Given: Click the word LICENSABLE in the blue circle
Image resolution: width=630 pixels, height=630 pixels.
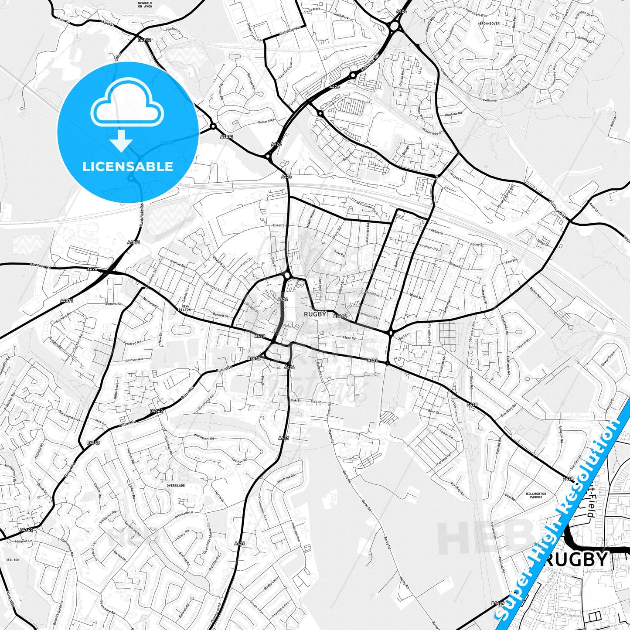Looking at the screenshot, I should [x=128, y=167].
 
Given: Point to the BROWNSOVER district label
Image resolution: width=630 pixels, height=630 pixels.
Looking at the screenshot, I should [x=489, y=24].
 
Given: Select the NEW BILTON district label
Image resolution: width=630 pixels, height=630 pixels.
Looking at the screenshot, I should [x=184, y=307].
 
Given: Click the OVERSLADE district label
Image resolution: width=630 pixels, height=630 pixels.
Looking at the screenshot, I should [x=176, y=485].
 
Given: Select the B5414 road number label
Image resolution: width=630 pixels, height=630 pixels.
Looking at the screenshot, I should [x=340, y=316].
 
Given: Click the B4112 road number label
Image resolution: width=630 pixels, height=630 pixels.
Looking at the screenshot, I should [x=144, y=40].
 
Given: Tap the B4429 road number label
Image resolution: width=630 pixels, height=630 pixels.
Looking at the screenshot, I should [x=497, y=603].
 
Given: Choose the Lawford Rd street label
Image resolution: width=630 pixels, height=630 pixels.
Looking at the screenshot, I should [x=41, y=265].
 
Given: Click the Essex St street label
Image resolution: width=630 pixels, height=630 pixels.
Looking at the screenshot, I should [x=279, y=225].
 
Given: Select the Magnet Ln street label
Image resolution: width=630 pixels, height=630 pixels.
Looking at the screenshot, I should [x=24, y=541].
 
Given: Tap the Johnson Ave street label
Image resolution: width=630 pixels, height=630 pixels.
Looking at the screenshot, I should [x=134, y=360].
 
